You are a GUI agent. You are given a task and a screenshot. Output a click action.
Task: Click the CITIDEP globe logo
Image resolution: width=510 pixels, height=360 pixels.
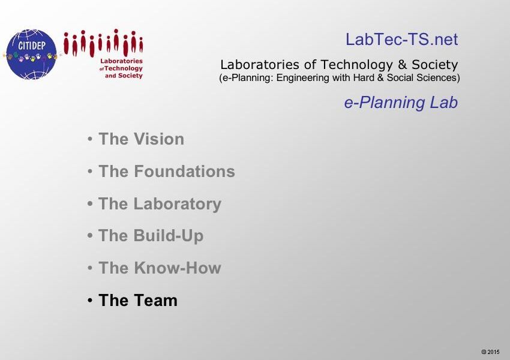31,55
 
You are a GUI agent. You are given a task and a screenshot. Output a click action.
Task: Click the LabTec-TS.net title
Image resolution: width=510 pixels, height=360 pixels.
401,40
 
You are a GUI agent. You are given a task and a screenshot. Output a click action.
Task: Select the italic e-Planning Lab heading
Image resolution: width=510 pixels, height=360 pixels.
401,103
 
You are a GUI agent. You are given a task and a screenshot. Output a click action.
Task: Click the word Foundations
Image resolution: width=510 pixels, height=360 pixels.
184,171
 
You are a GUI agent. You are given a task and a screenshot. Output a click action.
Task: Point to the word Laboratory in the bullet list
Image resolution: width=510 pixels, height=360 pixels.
178,204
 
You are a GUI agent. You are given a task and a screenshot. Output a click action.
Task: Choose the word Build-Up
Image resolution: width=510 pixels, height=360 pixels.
169,236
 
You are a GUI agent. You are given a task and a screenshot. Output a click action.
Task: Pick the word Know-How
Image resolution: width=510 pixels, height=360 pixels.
178,268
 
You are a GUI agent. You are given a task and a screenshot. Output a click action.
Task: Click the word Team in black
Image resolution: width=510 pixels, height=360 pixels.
156,300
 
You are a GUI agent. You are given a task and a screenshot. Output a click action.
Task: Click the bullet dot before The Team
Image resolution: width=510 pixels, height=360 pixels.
90,301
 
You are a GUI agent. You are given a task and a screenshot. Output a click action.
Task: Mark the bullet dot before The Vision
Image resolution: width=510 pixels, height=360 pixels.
90,139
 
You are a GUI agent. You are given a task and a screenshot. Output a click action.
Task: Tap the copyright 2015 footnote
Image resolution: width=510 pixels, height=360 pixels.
490,352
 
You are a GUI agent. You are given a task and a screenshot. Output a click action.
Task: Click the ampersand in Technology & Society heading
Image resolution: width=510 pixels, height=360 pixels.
403,64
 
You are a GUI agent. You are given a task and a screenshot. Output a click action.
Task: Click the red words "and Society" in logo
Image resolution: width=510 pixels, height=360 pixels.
124,76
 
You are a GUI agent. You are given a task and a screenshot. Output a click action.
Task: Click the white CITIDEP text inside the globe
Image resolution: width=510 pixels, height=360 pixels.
32,46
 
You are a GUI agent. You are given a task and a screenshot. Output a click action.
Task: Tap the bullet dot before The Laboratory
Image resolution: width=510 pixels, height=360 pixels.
90,204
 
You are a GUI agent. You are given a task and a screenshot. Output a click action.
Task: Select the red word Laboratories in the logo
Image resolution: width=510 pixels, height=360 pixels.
121,61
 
